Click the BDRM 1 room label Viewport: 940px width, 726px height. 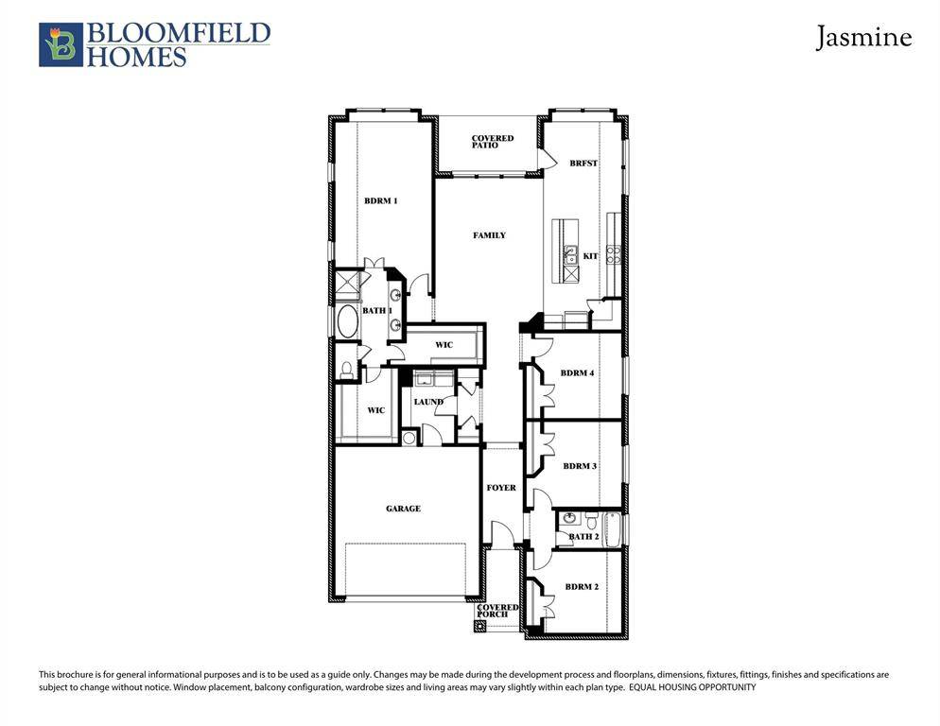point(381,200)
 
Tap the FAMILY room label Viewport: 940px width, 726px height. point(489,235)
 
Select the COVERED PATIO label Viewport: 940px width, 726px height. point(492,142)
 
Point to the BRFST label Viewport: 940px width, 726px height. point(583,163)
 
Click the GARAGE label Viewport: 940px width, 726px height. point(403,509)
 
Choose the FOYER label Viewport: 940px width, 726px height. point(501,488)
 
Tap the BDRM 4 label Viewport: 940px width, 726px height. point(577,372)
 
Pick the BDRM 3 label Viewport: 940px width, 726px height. point(580,466)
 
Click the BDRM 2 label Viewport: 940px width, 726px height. point(582,586)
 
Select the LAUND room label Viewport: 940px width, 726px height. point(428,402)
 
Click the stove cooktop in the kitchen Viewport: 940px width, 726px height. point(614,254)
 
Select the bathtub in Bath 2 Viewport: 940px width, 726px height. point(612,528)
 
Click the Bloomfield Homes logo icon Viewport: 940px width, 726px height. point(61,44)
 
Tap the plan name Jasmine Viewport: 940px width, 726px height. point(863,37)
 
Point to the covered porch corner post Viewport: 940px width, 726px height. point(479,627)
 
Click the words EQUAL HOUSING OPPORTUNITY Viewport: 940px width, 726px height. point(692,687)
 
